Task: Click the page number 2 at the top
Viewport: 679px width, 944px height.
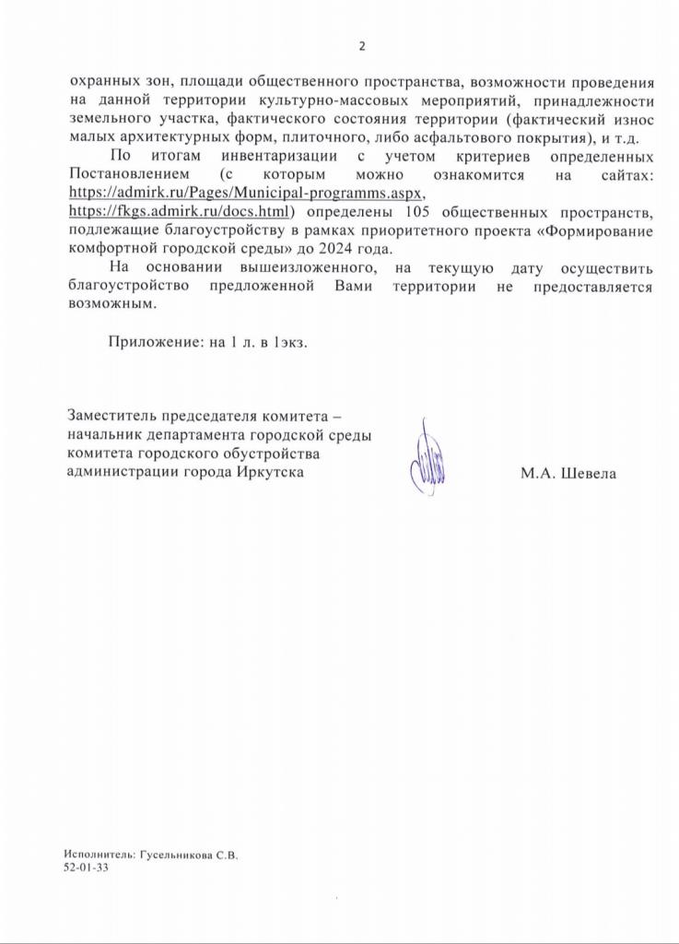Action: pyautogui.click(x=362, y=46)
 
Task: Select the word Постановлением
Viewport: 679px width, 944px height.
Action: pyautogui.click(x=128, y=173)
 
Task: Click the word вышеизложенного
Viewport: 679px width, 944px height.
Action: pyautogui.click(x=305, y=268)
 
